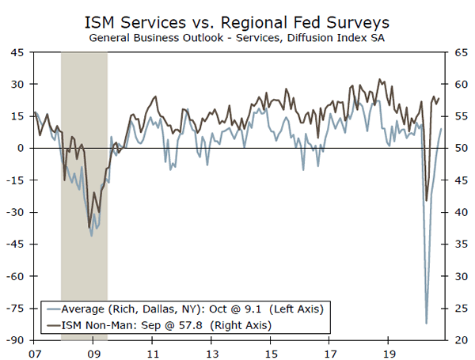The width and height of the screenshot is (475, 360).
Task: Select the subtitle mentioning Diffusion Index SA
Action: coord(237,37)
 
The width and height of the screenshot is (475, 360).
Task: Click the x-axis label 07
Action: coord(34,352)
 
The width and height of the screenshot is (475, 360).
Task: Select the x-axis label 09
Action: coord(93,352)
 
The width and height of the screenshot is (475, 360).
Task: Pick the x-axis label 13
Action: coord(211,352)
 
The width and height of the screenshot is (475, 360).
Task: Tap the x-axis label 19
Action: coord(389,352)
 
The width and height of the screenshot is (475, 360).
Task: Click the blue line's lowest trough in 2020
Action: coord(426,323)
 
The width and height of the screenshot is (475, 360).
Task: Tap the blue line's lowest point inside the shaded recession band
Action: coord(92,236)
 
